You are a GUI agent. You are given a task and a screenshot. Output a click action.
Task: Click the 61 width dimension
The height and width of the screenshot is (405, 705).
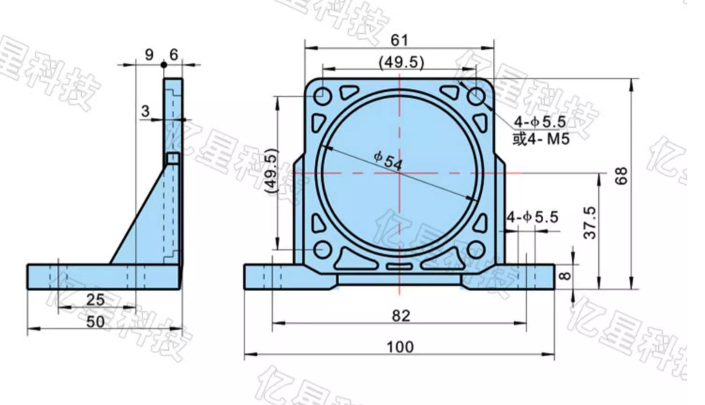pyautogui.click(x=399, y=39)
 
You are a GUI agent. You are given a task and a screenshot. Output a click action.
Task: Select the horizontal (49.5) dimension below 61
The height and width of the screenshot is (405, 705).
pyautogui.click(x=399, y=61)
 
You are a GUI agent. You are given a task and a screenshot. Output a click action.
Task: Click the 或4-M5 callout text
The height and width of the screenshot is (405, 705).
pyautogui.click(x=541, y=139)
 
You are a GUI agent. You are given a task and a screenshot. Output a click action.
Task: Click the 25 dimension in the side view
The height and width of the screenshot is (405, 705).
pyautogui.click(x=95, y=299)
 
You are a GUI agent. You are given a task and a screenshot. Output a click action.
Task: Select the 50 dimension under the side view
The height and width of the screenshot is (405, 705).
pyautogui.click(x=95, y=321)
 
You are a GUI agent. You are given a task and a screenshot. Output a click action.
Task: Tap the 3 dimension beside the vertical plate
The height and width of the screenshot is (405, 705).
pyautogui.click(x=145, y=112)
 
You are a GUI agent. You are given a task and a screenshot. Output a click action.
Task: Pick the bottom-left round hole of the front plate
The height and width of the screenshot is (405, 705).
pyautogui.click(x=323, y=251)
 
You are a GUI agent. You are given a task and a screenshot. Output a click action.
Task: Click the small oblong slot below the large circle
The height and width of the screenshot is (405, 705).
pyautogui.click(x=399, y=266)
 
